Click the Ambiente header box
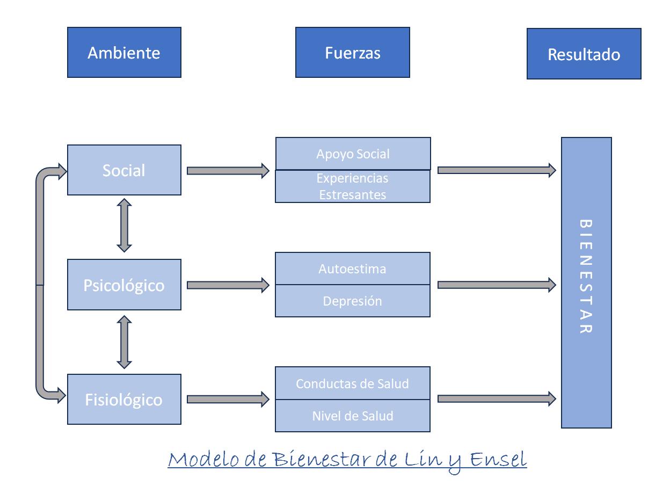click(x=124, y=53)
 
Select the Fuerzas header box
click(x=352, y=53)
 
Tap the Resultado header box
click(x=584, y=54)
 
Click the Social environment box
click(x=124, y=170)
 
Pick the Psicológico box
click(x=124, y=285)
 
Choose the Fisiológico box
click(x=124, y=400)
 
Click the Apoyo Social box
click(x=352, y=154)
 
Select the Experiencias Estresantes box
click(x=352, y=186)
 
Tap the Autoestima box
click(x=352, y=269)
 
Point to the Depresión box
click(x=352, y=301)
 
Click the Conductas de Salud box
click(x=352, y=383)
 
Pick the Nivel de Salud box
click(x=352, y=416)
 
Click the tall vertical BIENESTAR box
click(x=586, y=282)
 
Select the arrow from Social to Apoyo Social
click(x=228, y=171)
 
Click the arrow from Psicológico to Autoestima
click(x=228, y=285)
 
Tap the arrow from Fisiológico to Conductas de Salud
click(x=228, y=399)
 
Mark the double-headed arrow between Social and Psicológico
click(x=125, y=226)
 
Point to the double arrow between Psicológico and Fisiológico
click(x=125, y=342)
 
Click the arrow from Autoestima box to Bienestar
click(x=497, y=285)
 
